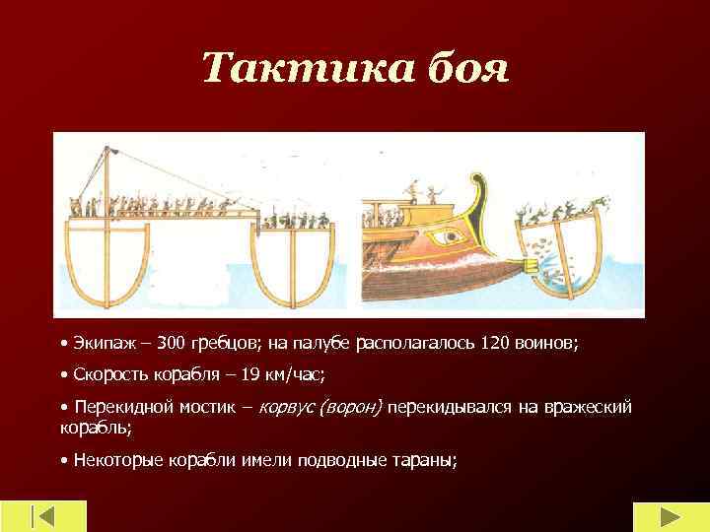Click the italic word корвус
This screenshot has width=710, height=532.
(288, 407)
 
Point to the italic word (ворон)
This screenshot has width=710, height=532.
(351, 407)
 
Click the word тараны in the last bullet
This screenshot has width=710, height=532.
(424, 461)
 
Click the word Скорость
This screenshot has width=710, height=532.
(108, 375)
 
